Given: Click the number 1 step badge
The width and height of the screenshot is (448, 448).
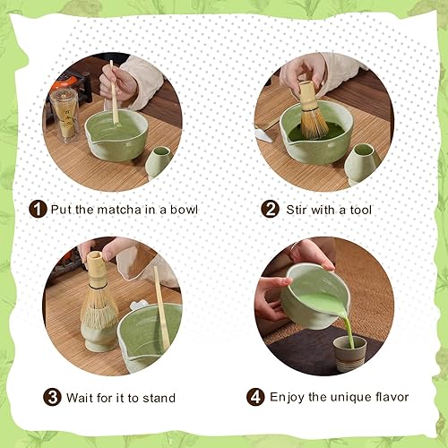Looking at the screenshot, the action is tap(38, 209).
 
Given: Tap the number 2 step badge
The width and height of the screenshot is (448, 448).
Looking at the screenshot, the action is tap(270, 209).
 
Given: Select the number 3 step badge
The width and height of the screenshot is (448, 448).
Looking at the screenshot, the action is tap(52, 397).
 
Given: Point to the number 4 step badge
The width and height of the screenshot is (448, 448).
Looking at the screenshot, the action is tap(255, 397).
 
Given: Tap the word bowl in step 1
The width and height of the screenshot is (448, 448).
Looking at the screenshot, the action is tap(184, 210).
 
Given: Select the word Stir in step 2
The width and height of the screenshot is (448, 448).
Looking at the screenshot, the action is tap(297, 210).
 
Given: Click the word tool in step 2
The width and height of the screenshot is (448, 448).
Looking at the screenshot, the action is tap(361, 210).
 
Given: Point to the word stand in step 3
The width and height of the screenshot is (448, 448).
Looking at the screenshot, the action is tap(159, 398).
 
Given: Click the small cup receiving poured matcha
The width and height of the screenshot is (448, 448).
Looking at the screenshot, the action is tap(349, 353).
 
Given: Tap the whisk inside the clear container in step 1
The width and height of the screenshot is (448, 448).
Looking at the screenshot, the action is tap(66, 118).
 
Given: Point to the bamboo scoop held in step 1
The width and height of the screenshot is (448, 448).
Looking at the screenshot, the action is tap(114, 92).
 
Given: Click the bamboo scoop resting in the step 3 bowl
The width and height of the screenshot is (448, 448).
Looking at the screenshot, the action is tap(161, 307).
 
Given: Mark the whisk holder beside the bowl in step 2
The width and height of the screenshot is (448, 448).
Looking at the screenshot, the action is tap(361, 164).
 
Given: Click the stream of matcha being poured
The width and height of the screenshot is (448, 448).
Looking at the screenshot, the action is tap(348, 330).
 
